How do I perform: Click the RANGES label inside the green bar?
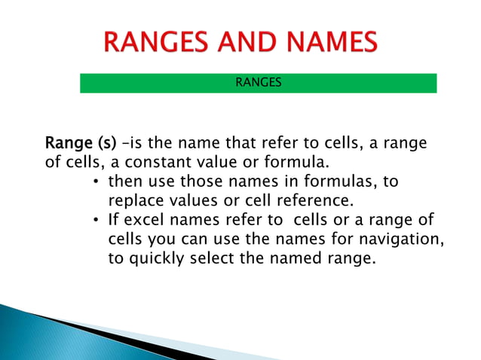tap(259, 83)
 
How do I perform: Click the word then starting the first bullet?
tap(127, 182)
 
